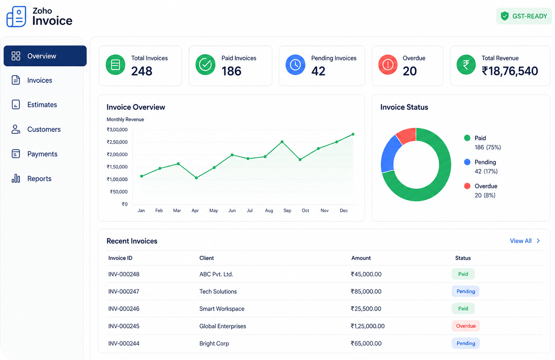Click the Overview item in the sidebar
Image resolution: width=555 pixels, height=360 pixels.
point(45,56)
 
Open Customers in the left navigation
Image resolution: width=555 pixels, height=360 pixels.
point(36,129)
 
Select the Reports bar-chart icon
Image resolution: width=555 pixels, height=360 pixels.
point(16,178)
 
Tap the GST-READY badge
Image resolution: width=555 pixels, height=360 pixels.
point(524,16)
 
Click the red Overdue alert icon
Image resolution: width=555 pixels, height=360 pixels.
point(388,65)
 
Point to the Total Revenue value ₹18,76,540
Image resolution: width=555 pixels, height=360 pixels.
point(510,71)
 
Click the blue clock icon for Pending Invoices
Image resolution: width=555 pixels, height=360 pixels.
point(295,65)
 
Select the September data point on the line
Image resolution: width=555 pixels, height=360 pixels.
point(282,142)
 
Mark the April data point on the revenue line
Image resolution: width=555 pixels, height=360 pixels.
point(196,178)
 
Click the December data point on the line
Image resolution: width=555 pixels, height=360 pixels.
point(353,134)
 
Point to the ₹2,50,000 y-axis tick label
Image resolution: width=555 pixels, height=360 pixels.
point(117,142)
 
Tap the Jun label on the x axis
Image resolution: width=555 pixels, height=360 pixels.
point(232,211)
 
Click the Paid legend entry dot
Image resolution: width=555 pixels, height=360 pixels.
point(467,138)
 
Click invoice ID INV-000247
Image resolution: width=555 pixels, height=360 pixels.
point(123,291)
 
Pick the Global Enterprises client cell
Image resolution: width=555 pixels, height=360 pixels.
point(222,326)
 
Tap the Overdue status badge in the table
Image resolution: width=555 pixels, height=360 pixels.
point(466,326)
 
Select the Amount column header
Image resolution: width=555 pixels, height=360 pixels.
point(361,258)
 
